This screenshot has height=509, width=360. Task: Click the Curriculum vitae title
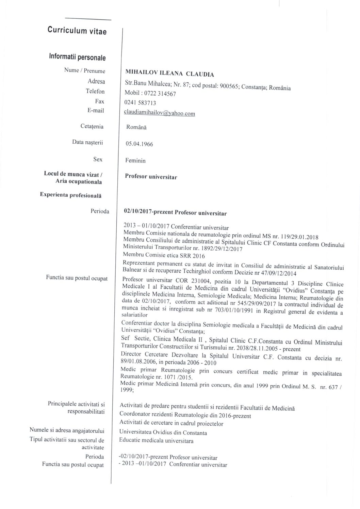click(x=77, y=31)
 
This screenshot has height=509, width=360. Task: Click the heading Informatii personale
click(x=77, y=57)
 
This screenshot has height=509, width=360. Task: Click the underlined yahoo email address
click(x=160, y=113)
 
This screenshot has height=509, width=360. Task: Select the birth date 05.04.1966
click(x=139, y=144)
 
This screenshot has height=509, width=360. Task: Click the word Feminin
click(x=136, y=160)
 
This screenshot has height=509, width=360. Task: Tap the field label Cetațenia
click(x=92, y=126)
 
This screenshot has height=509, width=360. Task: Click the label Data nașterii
click(x=87, y=142)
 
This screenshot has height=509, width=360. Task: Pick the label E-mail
click(x=96, y=110)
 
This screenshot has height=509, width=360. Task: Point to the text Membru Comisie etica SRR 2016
click(x=164, y=255)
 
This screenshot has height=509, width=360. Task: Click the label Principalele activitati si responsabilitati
click(x=76, y=408)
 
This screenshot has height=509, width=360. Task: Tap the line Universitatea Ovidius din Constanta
click(x=163, y=433)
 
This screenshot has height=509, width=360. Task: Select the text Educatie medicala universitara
click(x=156, y=441)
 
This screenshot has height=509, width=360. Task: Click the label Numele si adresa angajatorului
click(x=67, y=431)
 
